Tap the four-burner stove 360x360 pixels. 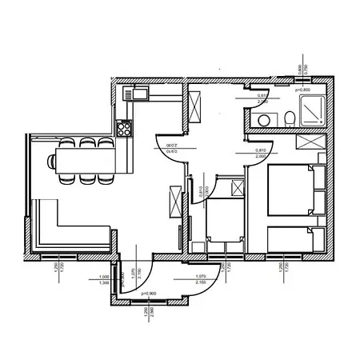[124, 126]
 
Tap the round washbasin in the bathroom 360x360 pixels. [263, 121]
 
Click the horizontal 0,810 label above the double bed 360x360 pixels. [260, 150]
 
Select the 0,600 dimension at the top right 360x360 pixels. [298, 70]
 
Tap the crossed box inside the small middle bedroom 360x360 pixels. [237, 188]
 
